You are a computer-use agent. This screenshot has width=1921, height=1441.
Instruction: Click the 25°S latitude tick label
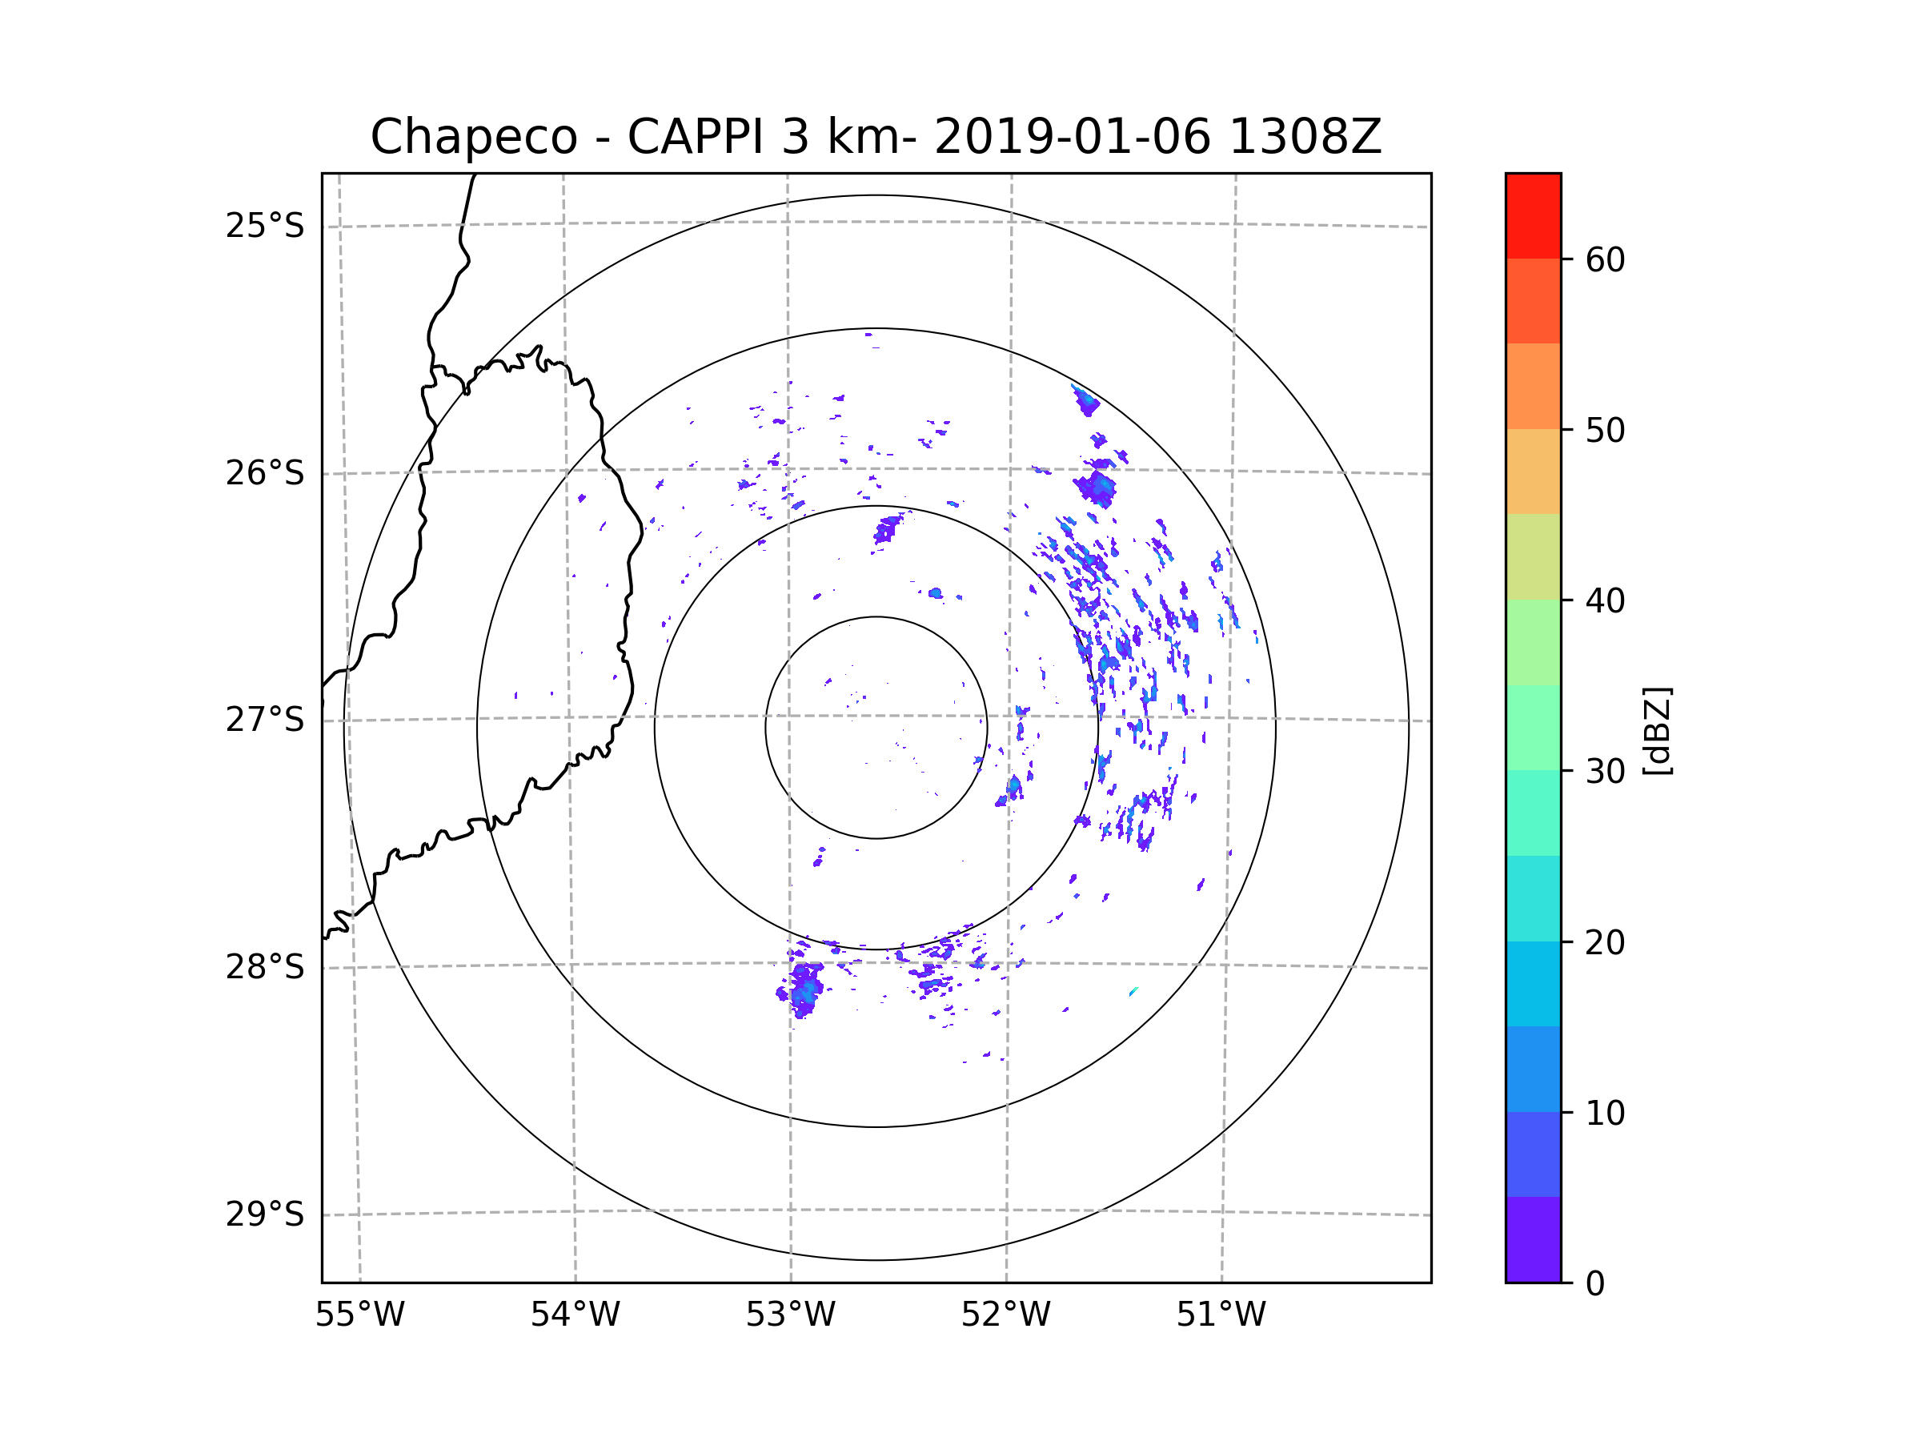[265, 226]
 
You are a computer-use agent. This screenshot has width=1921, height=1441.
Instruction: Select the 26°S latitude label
[265, 473]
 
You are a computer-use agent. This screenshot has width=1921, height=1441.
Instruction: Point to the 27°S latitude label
[265, 719]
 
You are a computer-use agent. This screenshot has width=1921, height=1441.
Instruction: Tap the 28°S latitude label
[265, 967]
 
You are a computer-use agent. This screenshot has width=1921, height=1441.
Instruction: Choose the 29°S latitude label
[265, 1214]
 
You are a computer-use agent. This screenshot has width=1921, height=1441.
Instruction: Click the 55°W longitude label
[359, 1315]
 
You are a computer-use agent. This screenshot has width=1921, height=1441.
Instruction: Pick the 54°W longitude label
[575, 1315]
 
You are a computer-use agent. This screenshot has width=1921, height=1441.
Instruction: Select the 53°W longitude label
[790, 1315]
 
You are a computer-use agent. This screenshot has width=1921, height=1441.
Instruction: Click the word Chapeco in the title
[473, 137]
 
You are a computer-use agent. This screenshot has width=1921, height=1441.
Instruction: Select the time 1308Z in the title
[1305, 137]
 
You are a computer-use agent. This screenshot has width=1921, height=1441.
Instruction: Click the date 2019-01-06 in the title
[1072, 137]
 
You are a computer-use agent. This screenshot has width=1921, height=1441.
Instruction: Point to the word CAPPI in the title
[695, 137]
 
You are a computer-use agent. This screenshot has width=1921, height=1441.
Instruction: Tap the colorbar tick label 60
[1605, 259]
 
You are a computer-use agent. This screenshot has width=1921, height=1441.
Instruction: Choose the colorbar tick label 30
[1605, 771]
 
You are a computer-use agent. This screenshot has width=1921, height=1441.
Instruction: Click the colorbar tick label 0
[1595, 1284]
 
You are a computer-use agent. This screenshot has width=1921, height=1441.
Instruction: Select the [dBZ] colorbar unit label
[1657, 732]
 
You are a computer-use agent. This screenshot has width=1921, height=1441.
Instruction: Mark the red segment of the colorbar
[1533, 215]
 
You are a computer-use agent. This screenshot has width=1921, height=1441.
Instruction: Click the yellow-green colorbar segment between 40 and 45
[1533, 556]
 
